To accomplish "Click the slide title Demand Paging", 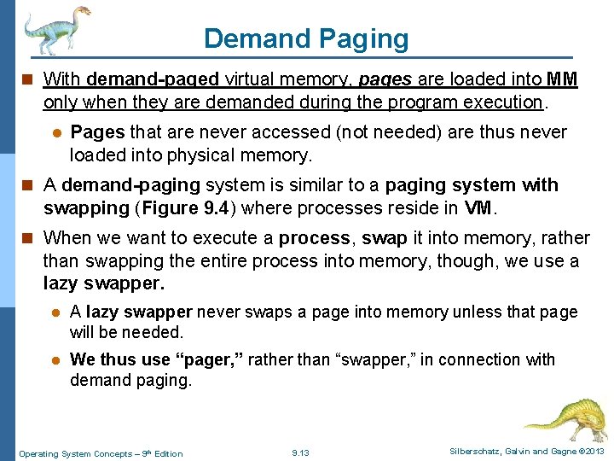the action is coord(306,38).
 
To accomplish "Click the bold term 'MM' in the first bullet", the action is coord(562,80).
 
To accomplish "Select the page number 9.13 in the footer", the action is coord(300,452).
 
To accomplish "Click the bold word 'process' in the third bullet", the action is coord(314,237).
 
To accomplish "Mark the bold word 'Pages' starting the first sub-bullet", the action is coord(97,132).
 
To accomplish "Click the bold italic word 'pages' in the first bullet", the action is coord(385,80).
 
